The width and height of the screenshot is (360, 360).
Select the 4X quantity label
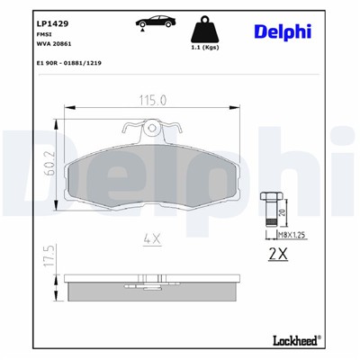click(x=152, y=238)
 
